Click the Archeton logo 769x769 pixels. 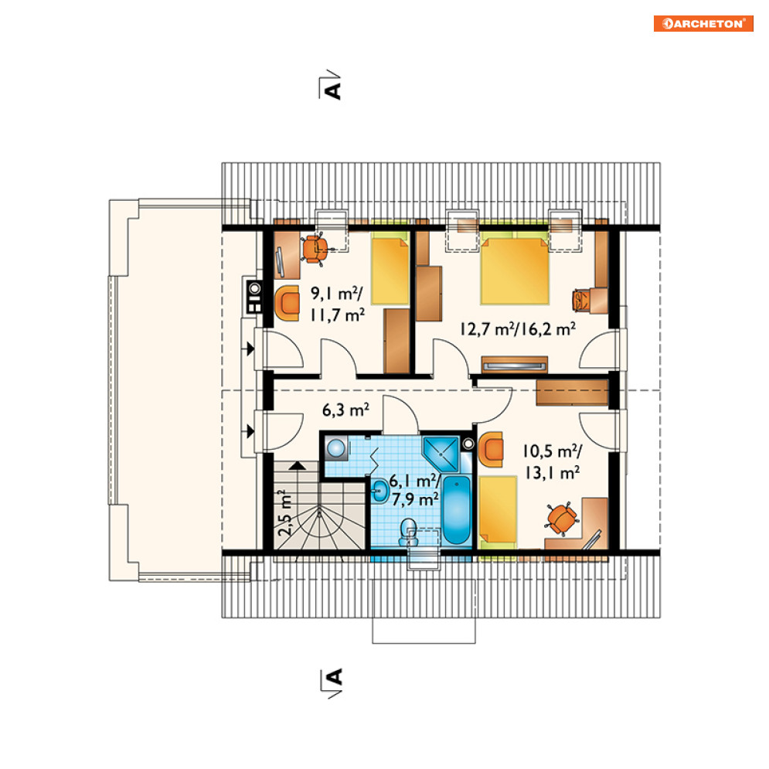click(x=703, y=23)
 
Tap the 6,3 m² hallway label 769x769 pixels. click(x=345, y=410)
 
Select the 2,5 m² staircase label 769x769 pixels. click(x=285, y=512)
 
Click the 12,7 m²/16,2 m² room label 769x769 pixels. click(x=518, y=328)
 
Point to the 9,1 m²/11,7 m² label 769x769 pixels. click(x=338, y=304)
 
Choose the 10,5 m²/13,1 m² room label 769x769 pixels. click(x=553, y=461)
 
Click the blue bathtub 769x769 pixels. click(x=456, y=509)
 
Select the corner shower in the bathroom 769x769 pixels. click(x=441, y=454)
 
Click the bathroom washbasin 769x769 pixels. click(x=380, y=491)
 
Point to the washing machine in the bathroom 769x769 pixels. click(x=336, y=447)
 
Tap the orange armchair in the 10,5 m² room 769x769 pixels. click(x=491, y=449)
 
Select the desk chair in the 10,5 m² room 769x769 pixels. click(x=562, y=517)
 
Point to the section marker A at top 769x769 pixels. click(x=332, y=88)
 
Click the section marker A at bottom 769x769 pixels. click(x=332, y=681)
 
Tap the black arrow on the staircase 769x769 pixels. click(x=297, y=465)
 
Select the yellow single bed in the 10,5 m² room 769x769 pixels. click(x=497, y=512)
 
